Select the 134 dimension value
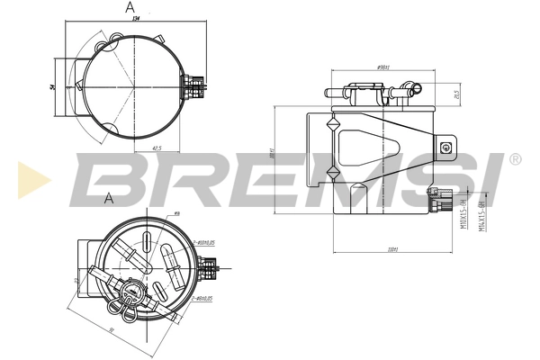[135, 18]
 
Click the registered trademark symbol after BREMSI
[515, 158]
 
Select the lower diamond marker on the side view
[332, 171]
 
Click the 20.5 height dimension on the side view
[458, 94]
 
